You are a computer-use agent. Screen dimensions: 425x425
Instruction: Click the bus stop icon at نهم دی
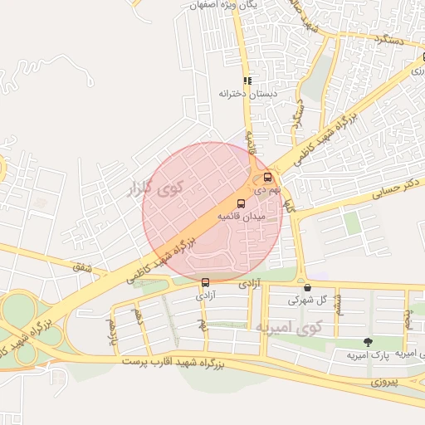pyautogui.click(x=267, y=177)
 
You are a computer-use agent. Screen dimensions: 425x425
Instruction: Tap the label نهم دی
pyautogui.click(x=266, y=190)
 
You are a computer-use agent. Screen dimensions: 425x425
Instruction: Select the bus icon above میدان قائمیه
pyautogui.click(x=242, y=203)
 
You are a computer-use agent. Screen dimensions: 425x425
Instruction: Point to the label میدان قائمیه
pyautogui.click(x=241, y=216)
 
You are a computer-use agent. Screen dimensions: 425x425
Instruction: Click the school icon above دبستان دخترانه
pyautogui.click(x=247, y=81)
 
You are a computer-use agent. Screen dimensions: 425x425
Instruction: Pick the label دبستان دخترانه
pyautogui.click(x=247, y=94)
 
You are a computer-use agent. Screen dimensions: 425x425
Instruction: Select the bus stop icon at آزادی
pyautogui.click(x=205, y=282)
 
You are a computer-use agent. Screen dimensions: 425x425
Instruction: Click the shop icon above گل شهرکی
pyautogui.click(x=307, y=287)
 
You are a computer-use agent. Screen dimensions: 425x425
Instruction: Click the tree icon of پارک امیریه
pyautogui.click(x=368, y=342)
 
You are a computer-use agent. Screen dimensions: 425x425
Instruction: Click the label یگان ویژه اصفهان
pyautogui.click(x=199, y=4)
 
